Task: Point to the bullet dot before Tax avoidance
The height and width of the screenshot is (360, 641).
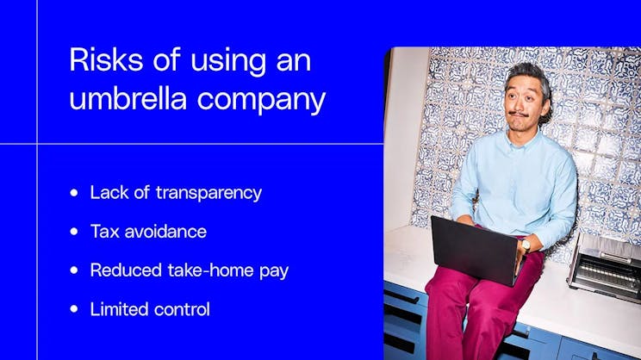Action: pyautogui.click(x=75, y=232)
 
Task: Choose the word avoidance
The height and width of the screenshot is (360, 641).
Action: pyautogui.click(x=165, y=231)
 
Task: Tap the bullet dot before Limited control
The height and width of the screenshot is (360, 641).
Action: pyautogui.click(x=75, y=308)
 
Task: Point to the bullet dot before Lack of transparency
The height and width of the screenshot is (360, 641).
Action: pyautogui.click(x=75, y=193)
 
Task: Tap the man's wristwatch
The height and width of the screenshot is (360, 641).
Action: pyautogui.click(x=526, y=245)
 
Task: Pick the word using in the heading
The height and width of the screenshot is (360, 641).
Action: pyautogui.click(x=199, y=62)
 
